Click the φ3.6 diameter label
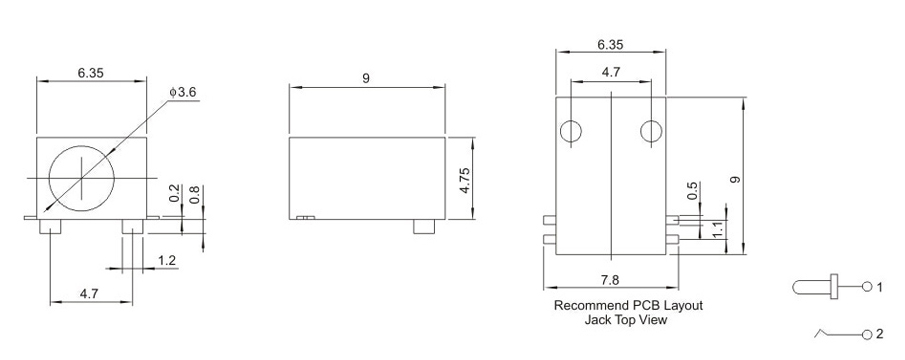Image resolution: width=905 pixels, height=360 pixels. [183, 92]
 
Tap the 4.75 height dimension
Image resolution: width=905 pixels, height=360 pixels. [465, 181]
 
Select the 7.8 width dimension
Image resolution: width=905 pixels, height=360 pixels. [610, 280]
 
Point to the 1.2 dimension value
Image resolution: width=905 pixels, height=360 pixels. [167, 261]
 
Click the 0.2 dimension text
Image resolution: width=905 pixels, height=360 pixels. [175, 193]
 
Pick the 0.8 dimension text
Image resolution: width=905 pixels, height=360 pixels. [195, 193]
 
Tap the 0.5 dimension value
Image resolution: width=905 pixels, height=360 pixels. [694, 190]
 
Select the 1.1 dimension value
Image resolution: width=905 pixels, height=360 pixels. [718, 231]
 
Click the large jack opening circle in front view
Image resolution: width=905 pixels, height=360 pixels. [81, 178]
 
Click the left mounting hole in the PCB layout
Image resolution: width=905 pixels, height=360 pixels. [571, 132]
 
